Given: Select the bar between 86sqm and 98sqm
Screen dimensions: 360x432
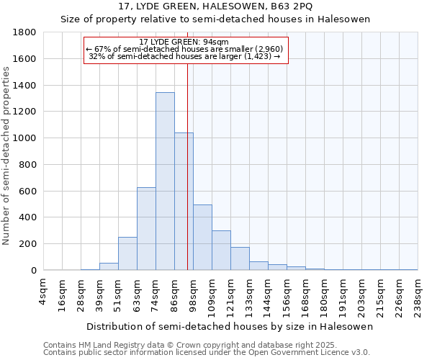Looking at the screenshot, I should [184, 202].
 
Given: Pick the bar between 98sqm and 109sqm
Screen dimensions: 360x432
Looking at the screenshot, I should [202, 238].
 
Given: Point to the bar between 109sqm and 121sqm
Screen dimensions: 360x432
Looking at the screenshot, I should [221, 251].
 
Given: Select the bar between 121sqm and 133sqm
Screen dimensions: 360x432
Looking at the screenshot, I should [240, 258].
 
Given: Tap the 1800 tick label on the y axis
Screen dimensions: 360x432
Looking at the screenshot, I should [25, 32].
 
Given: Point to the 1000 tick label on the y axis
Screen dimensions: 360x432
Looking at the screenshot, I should [25, 138].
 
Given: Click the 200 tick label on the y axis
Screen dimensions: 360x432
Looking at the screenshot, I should [28, 244].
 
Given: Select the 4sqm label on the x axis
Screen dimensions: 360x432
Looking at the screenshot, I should [43, 292].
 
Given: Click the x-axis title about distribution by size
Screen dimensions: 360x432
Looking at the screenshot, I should [230, 326].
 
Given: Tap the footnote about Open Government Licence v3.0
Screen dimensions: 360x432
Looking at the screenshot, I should [207, 352].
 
